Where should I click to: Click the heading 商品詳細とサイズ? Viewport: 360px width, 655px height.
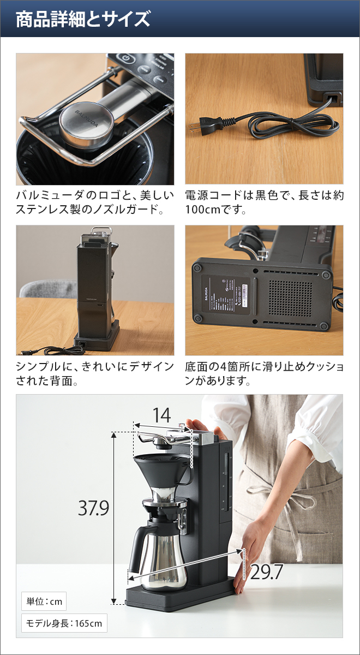point(82,19)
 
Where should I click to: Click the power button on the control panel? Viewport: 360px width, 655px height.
point(125,58)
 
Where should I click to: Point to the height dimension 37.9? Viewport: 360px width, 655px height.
point(93,508)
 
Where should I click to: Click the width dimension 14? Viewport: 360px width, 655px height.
point(162,415)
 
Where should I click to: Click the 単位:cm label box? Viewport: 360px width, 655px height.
point(44,602)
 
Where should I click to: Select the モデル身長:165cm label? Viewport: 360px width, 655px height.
point(64,623)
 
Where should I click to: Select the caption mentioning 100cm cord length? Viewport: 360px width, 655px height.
point(264,202)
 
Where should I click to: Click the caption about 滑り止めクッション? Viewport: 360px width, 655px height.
point(264,373)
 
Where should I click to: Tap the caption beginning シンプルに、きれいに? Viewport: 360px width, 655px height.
point(95,373)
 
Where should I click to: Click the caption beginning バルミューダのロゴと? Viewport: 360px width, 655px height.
point(95,202)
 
